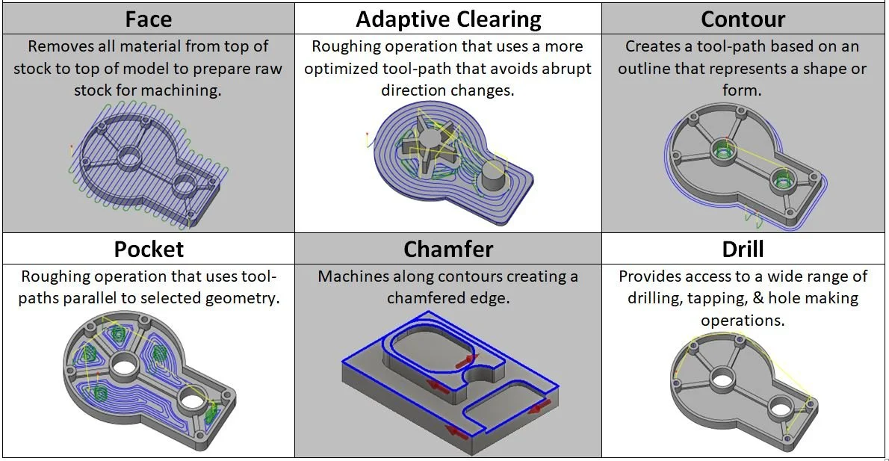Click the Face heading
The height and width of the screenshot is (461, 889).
(148, 18)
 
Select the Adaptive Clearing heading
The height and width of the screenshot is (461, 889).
(447, 18)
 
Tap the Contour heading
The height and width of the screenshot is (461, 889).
(744, 18)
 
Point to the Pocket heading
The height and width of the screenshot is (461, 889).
(149, 248)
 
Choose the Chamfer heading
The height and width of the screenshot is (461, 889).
(447, 248)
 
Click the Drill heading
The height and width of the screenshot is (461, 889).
(743, 248)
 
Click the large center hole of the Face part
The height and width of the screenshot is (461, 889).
(129, 156)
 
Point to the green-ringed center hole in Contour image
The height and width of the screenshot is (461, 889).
(722, 149)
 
